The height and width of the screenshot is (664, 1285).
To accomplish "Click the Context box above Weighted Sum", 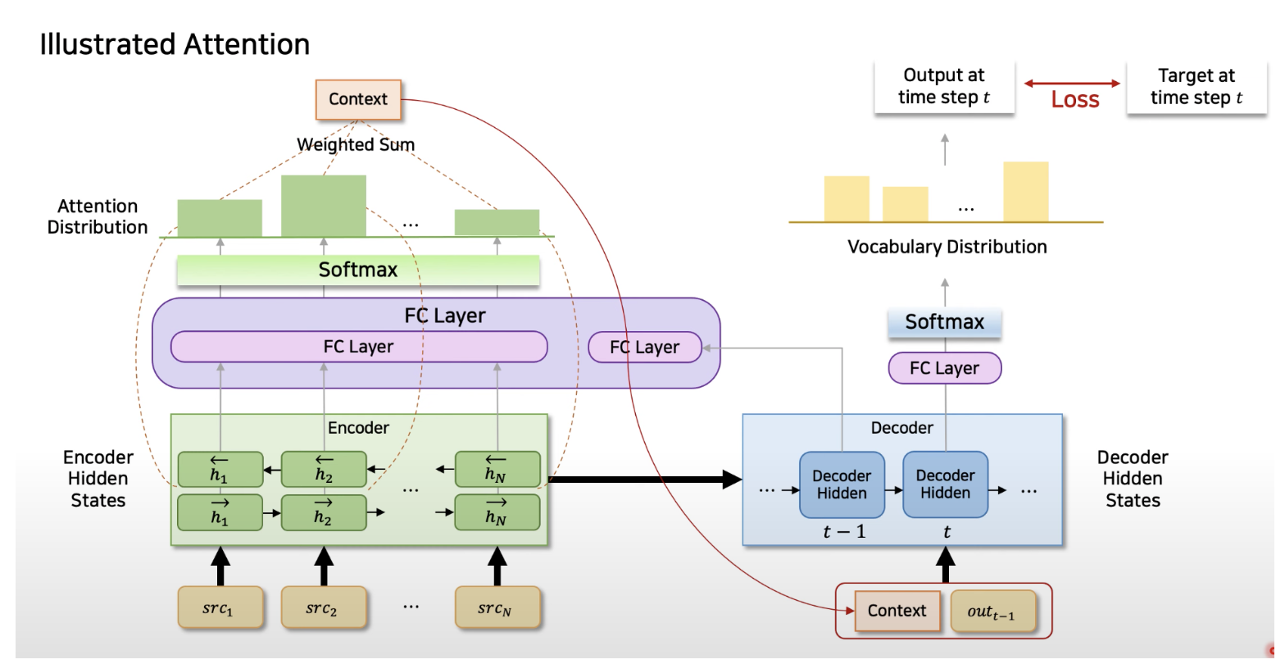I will click(357, 99).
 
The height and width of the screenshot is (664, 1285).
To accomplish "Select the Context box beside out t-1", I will click(897, 611).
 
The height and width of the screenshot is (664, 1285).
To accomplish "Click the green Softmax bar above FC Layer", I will click(358, 270).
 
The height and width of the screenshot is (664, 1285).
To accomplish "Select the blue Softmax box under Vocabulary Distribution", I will click(944, 322).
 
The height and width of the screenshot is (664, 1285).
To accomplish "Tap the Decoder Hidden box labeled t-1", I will click(842, 484).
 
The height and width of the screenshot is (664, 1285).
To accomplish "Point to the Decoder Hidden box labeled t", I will click(945, 484).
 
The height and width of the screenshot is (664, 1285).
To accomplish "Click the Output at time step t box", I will click(944, 87).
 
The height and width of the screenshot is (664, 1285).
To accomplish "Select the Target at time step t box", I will click(1196, 87).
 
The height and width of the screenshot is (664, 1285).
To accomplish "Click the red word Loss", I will click(1075, 100).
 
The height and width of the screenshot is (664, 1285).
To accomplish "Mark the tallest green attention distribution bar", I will click(324, 205).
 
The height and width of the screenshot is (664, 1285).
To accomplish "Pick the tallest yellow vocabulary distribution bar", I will click(1025, 191).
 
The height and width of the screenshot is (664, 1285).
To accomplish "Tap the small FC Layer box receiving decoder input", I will click(645, 347).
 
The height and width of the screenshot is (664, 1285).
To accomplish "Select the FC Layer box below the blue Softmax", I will click(944, 368).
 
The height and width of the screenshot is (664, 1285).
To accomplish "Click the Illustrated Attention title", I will click(175, 43).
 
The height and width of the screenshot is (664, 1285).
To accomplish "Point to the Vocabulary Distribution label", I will click(947, 246).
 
